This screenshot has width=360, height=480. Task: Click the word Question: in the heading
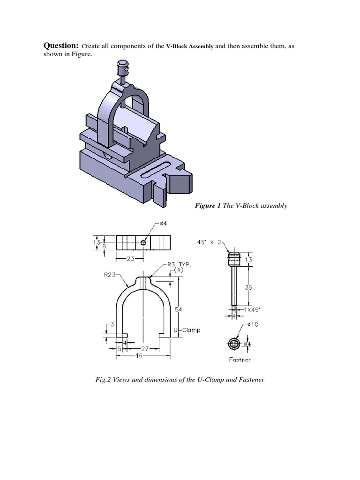[61, 45]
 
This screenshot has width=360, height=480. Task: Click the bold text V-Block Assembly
[190, 46]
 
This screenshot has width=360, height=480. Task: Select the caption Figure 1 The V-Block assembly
[240, 206]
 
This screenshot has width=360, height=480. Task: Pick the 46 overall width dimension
[138, 356]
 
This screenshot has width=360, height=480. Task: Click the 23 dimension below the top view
[127, 258]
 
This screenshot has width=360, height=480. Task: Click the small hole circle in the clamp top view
[143, 242]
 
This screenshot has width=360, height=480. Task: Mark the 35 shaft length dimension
[248, 287]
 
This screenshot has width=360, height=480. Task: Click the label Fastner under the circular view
[240, 360]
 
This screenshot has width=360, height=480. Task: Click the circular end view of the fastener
[234, 344]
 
